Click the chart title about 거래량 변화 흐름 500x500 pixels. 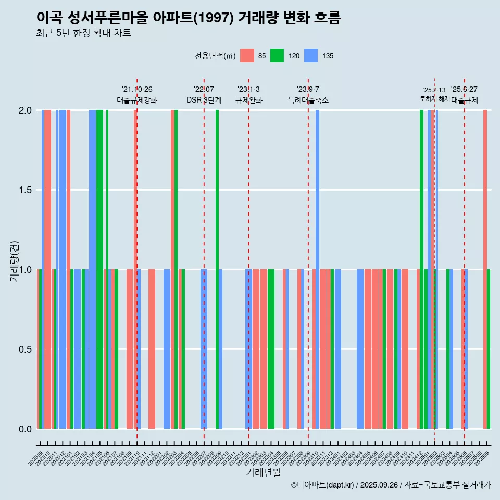pos(189,18)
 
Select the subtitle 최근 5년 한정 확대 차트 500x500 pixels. pos(83,33)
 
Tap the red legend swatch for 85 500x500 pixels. pos(247,56)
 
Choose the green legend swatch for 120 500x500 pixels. pos(277,56)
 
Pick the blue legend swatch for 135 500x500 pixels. pos(311,56)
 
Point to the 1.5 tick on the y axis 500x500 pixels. pos(25,190)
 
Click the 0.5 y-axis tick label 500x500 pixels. pos(25,349)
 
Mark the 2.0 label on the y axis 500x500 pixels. pos(25,110)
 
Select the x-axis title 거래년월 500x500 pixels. pos(263,472)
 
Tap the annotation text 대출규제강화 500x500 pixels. pos(136,100)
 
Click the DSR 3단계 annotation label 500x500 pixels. pos(204,100)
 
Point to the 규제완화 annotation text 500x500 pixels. pos(248,100)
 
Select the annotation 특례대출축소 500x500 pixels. pos(308,100)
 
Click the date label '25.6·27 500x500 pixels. pos(464,90)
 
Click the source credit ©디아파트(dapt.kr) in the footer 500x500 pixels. pos(323,485)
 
